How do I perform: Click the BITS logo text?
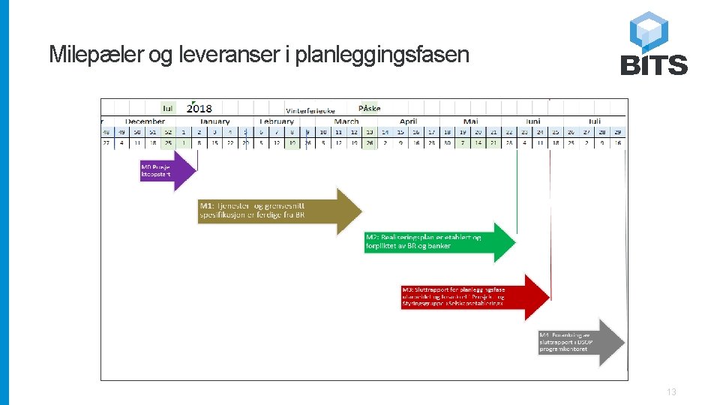(654, 65)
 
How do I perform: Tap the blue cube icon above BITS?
(649, 31)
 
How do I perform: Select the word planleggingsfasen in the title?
(382, 55)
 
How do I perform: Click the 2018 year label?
(199, 109)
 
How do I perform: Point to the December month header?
(145, 121)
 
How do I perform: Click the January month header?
(214, 121)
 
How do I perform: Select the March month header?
(346, 121)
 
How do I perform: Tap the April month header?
(408, 121)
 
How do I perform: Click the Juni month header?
(532, 121)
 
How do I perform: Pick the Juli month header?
(595, 121)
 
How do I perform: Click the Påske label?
(369, 109)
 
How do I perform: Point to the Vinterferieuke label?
(310, 110)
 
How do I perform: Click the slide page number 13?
(671, 392)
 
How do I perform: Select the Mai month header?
(471, 121)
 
